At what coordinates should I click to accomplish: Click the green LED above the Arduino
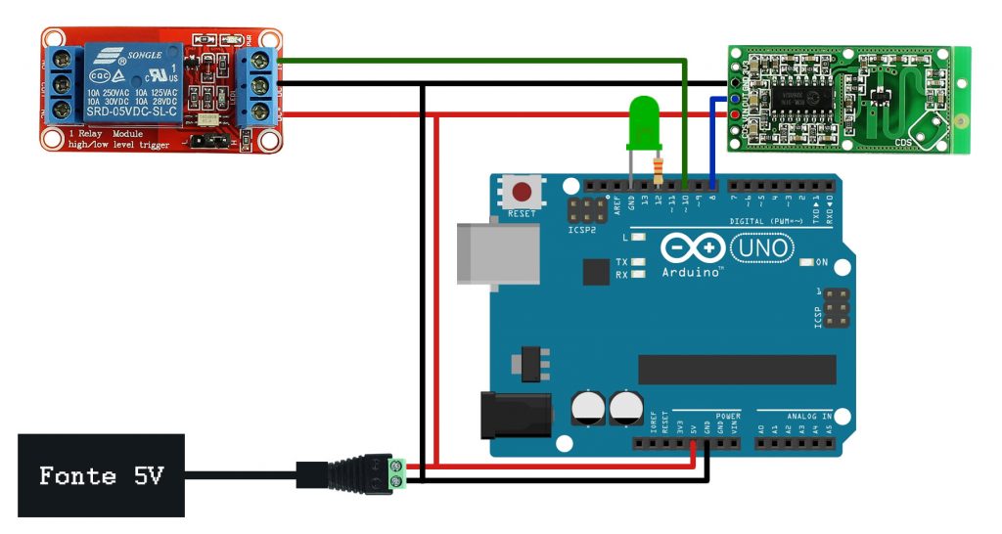click(642, 122)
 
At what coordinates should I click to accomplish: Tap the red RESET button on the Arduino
click(523, 191)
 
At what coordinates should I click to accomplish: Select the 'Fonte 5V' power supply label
click(101, 476)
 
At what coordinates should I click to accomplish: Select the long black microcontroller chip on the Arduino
click(737, 370)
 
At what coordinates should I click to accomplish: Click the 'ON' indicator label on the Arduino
click(821, 262)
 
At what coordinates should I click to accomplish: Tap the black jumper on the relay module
click(207, 142)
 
